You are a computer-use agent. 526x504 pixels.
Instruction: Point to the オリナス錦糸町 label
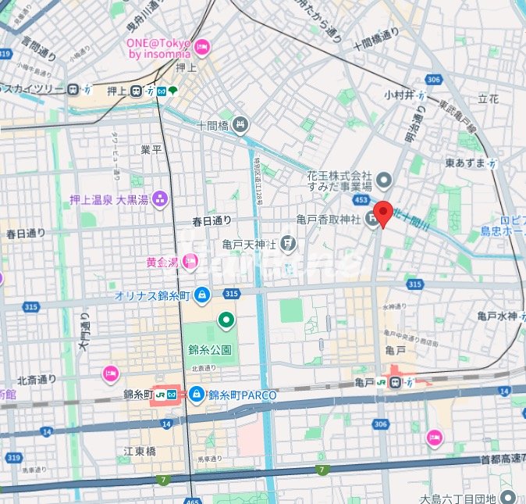[153, 295]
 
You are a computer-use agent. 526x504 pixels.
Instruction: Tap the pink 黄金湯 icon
[189, 262]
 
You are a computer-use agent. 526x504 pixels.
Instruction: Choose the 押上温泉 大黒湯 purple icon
[161, 198]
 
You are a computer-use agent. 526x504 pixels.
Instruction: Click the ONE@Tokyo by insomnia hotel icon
[202, 47]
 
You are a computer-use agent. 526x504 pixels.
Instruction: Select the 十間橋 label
[211, 125]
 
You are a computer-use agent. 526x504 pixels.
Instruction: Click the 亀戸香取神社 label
[325, 221]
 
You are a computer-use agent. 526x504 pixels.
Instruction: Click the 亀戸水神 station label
[497, 316]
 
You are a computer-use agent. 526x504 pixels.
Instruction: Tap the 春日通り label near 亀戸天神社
[212, 222]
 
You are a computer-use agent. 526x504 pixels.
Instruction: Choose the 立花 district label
[488, 99]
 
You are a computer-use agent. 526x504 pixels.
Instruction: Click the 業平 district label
[151, 148]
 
